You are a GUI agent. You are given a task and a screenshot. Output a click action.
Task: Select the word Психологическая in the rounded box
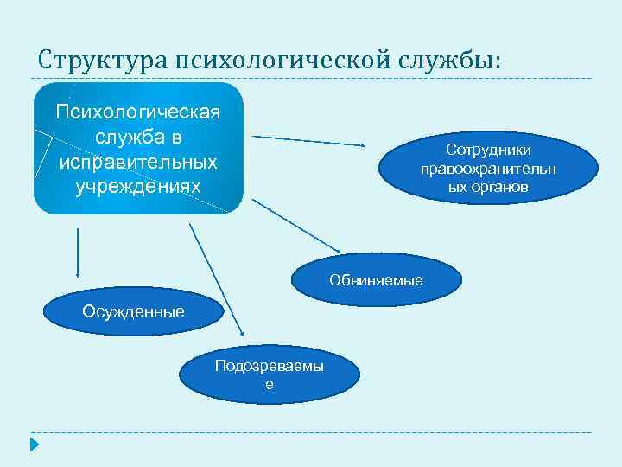click(x=138, y=112)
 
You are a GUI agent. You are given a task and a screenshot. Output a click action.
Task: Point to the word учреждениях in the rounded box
click(x=138, y=186)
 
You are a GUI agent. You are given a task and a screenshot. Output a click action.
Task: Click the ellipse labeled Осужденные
click(x=133, y=311)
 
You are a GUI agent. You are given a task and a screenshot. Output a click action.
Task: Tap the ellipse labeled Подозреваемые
click(x=270, y=374)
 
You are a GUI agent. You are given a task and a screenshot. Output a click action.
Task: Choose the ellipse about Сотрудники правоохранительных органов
click(x=488, y=168)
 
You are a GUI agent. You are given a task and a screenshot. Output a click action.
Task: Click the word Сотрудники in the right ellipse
click(x=488, y=150)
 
